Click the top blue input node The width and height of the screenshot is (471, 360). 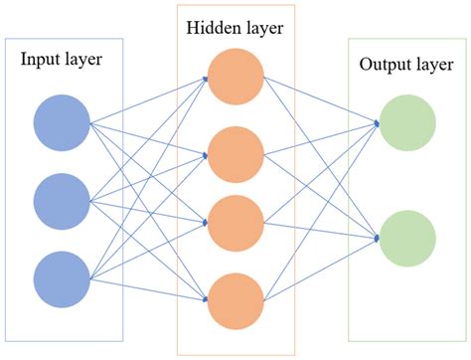coord(62,124)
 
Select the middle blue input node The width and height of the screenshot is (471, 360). coord(62,202)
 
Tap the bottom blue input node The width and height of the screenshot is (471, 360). coord(62,279)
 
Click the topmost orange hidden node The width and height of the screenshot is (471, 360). coord(235,76)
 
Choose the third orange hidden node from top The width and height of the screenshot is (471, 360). coord(235,225)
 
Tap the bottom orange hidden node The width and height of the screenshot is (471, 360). coord(235,300)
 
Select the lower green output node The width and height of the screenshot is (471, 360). coord(407,239)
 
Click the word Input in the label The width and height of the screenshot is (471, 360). coord(40,60)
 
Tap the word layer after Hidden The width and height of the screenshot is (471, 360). coord(262,27)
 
